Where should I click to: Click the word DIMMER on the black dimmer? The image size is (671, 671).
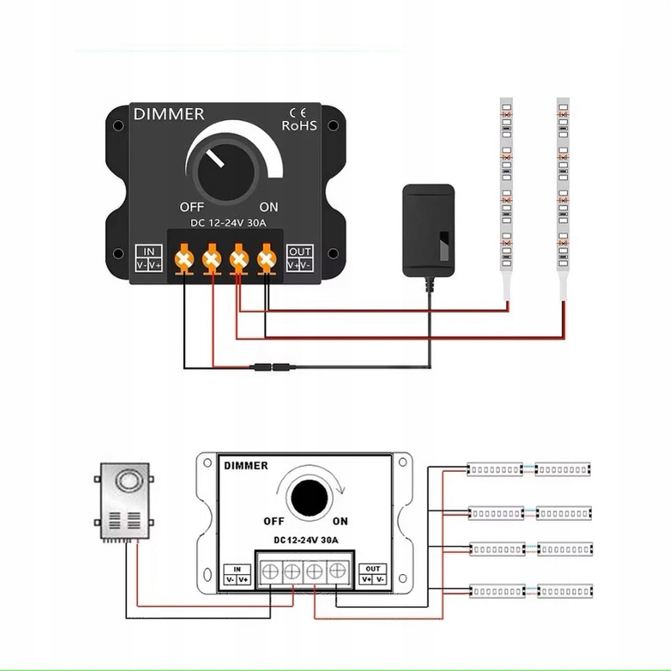[x=168, y=114]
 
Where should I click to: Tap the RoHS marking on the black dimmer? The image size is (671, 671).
[x=299, y=125]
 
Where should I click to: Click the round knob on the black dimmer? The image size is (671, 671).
[x=224, y=171]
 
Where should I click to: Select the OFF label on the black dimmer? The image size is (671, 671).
[x=192, y=206]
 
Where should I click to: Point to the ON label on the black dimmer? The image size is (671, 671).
[x=268, y=206]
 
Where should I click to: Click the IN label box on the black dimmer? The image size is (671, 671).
[x=149, y=258]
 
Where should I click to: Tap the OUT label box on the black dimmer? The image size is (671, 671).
[x=300, y=258]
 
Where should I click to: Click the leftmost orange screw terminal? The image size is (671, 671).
[x=184, y=258]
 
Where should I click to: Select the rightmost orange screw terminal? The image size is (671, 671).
[x=267, y=258]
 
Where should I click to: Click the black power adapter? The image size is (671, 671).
[x=428, y=229]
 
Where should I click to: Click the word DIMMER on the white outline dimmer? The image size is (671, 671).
[x=246, y=465]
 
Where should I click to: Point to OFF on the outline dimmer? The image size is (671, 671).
[x=274, y=521]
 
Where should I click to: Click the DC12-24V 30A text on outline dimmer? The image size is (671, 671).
[x=306, y=540]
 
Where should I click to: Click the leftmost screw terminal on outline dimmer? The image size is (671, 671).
[x=270, y=572]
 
